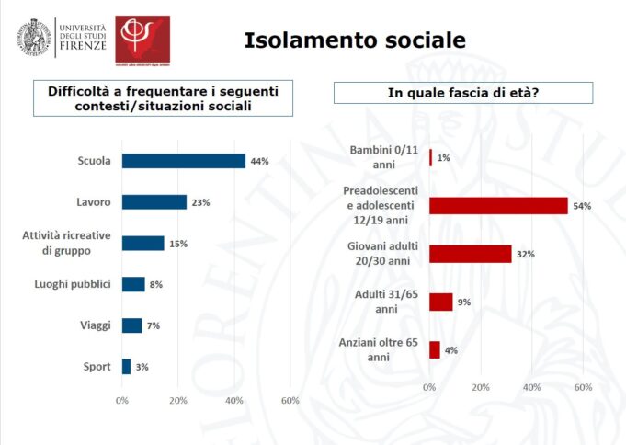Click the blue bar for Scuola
click(183, 161)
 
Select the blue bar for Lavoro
click(154, 202)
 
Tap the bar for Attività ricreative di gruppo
click(142, 243)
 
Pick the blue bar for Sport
click(126, 367)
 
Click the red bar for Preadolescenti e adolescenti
click(498, 205)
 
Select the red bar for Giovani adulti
click(470, 254)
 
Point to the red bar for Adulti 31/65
click(440, 302)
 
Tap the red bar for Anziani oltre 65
click(434, 349)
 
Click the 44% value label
click(259, 162)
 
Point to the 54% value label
click(581, 206)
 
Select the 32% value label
click(525, 254)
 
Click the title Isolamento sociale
click(354, 40)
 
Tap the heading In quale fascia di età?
click(462, 93)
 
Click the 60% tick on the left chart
click(290, 401)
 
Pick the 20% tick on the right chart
click(480, 388)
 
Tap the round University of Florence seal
click(33, 35)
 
